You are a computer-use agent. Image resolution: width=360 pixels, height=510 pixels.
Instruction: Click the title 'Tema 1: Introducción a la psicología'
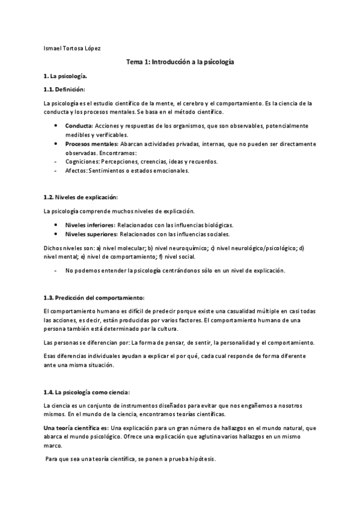(180, 62)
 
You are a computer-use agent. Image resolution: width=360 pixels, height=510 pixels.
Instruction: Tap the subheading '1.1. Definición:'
(64, 90)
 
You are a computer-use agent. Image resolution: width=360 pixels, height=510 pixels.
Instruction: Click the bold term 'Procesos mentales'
(91, 144)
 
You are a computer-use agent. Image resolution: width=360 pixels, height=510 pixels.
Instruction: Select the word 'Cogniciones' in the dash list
(83, 162)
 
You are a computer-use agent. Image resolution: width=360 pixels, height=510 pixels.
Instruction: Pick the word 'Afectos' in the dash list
(76, 170)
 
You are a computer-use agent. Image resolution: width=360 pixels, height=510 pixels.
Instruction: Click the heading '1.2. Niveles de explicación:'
(81, 197)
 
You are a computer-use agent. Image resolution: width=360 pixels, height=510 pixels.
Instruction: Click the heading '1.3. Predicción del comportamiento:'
(94, 298)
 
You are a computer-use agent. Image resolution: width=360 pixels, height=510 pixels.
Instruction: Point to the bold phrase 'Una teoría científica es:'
(76, 428)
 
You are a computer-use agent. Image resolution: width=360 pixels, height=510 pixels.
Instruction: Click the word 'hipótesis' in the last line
(201, 459)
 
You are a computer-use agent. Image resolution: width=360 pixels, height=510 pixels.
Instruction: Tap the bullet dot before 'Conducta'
(56, 126)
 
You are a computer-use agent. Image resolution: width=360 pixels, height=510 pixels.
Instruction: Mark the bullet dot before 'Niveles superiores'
(56, 233)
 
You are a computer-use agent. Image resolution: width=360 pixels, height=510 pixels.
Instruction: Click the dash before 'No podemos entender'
(56, 270)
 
